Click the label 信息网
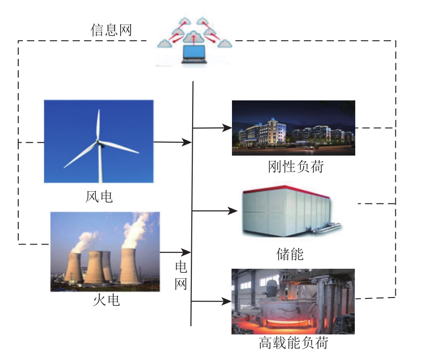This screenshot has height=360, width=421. click(x=111, y=30)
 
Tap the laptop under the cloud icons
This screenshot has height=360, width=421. click(x=194, y=54)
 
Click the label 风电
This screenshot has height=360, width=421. click(x=99, y=197)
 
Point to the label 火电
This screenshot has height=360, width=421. click(x=106, y=300)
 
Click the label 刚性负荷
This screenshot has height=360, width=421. click(x=295, y=167)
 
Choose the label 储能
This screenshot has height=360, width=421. click(x=290, y=254)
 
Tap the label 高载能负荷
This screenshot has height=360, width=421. click(x=294, y=343)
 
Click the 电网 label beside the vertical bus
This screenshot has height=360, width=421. click(x=181, y=276)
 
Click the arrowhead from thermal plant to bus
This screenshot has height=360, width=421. click(x=186, y=252)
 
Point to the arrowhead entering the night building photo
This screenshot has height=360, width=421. click(x=227, y=128)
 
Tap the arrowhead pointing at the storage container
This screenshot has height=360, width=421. click(x=232, y=211)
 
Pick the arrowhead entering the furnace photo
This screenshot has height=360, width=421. click(x=226, y=301)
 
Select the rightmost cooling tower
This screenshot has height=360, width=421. click(x=130, y=266)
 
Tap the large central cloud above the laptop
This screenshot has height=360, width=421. click(x=193, y=37)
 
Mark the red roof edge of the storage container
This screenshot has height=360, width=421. click(x=286, y=190)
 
